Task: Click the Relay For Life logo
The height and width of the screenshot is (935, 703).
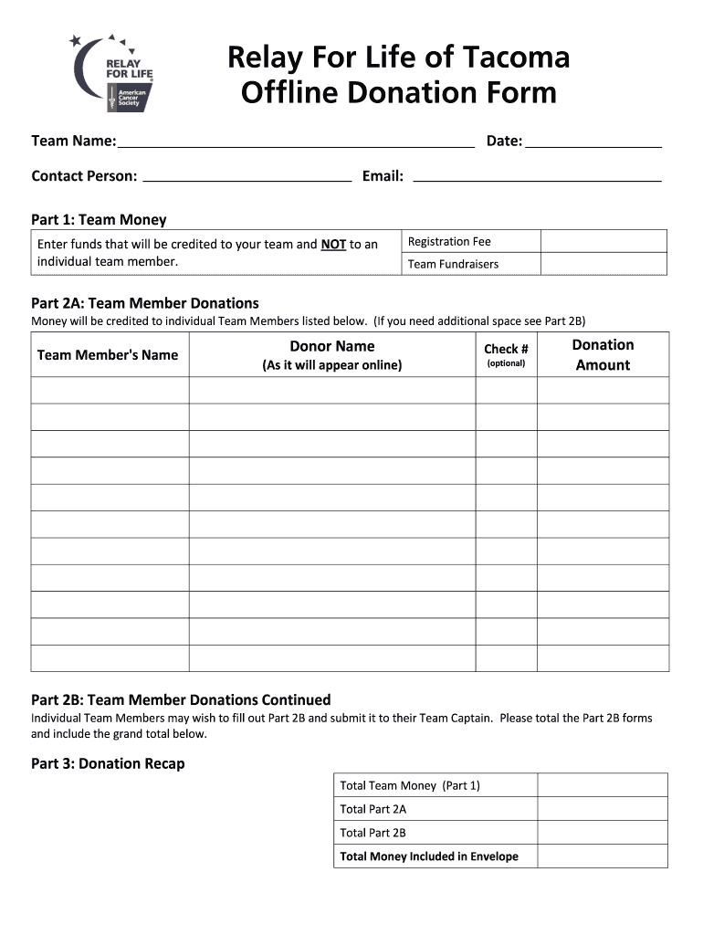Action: (113, 73)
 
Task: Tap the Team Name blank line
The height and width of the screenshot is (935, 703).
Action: (296, 144)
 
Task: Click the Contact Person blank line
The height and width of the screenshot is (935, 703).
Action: (247, 180)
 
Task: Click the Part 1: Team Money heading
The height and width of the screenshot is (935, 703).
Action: (99, 220)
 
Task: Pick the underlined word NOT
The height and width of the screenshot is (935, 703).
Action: (333, 245)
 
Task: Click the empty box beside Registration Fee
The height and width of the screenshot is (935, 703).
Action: (603, 241)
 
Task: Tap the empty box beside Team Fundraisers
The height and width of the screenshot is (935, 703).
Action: (603, 264)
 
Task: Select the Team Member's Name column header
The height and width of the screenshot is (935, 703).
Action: (108, 354)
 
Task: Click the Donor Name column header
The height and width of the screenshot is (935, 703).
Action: (332, 354)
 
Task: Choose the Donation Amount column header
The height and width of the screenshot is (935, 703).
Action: (603, 354)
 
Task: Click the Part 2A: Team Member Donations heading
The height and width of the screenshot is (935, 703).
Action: (145, 303)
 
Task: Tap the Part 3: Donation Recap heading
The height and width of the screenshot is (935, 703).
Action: (108, 763)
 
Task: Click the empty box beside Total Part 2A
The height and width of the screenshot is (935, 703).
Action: (602, 809)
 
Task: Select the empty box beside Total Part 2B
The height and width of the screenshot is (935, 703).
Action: (602, 833)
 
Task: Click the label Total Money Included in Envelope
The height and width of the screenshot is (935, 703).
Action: (429, 856)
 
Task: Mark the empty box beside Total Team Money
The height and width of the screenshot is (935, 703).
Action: (602, 785)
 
